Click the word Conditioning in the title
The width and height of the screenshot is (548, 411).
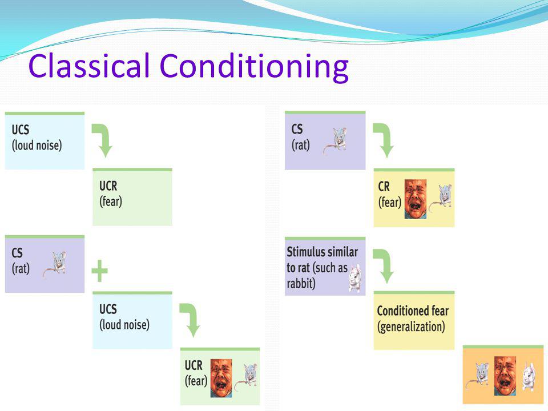[254, 68]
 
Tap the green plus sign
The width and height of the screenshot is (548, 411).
[99, 271]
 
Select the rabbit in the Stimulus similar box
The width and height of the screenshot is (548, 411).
[355, 278]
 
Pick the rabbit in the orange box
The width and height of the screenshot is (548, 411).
[529, 377]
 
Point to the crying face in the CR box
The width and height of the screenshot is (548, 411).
[416, 199]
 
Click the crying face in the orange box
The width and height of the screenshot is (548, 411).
[505, 376]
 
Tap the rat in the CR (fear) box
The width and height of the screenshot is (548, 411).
[441, 198]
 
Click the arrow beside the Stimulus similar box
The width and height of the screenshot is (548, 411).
[384, 265]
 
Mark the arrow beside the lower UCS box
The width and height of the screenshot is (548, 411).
[190, 320]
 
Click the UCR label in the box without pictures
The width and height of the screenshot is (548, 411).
[108, 186]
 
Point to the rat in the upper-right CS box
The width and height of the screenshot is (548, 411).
[335, 140]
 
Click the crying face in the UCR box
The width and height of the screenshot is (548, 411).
[221, 378]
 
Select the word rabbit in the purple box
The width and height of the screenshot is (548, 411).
[301, 284]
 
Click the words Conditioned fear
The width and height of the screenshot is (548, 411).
[413, 311]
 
